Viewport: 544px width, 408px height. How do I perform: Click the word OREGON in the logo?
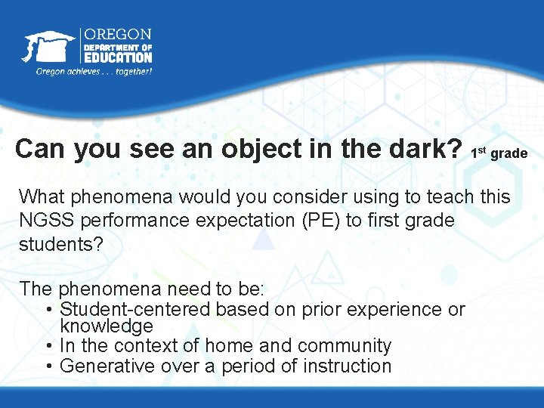117,35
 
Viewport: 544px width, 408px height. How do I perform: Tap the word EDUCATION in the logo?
117,57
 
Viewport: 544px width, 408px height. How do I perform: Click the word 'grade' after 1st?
508,154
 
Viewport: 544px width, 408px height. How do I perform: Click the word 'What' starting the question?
43,198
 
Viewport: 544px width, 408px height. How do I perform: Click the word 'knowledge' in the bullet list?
106,326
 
